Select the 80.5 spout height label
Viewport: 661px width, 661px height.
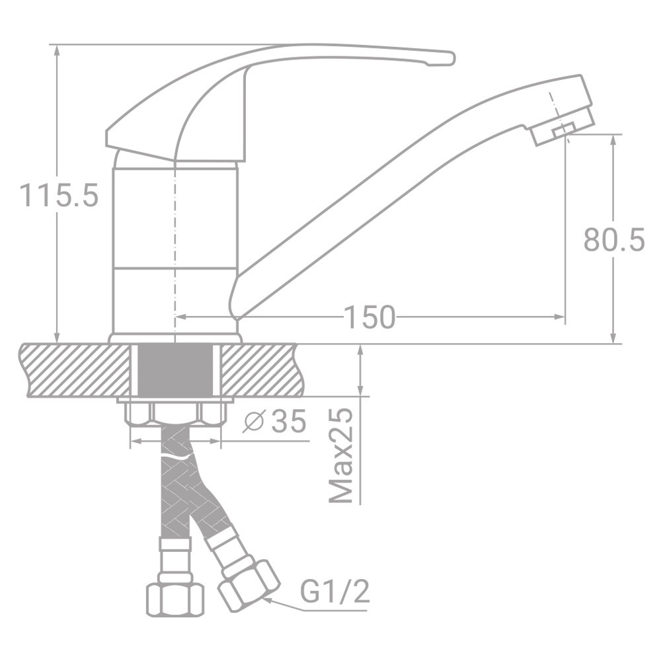(614, 240)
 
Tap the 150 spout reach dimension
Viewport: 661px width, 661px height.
(369, 317)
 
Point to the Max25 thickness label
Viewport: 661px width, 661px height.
(340, 455)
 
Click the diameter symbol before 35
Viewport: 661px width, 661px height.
(254, 422)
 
